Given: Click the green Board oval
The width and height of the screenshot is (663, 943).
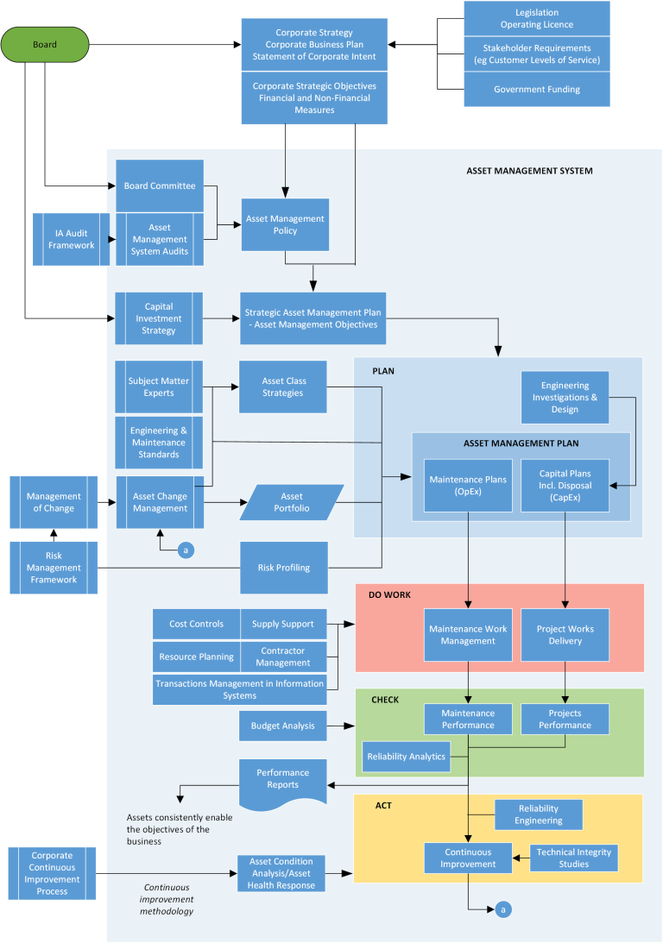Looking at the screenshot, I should (x=45, y=44).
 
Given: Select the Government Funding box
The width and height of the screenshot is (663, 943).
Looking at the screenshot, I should (x=536, y=90).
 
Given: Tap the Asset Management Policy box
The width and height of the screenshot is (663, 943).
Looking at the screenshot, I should (x=284, y=224).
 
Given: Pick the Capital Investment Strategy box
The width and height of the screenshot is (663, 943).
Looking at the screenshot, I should (x=159, y=318).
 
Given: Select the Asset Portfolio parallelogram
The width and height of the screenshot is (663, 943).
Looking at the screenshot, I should (x=292, y=502).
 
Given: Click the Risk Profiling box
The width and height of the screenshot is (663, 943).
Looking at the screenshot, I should (x=284, y=568).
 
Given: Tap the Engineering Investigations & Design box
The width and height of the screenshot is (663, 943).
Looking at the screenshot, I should (x=565, y=397).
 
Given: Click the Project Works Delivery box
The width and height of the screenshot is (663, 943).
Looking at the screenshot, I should (x=565, y=634).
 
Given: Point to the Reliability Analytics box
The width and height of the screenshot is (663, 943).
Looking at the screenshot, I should (x=406, y=756).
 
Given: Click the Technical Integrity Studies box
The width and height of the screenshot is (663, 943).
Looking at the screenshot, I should (x=573, y=858).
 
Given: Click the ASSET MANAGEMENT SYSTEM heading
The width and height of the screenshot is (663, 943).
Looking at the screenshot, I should (x=529, y=171).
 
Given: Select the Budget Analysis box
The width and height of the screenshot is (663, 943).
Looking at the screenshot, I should (x=282, y=726).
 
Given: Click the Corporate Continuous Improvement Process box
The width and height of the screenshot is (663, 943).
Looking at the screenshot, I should (x=53, y=873).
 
